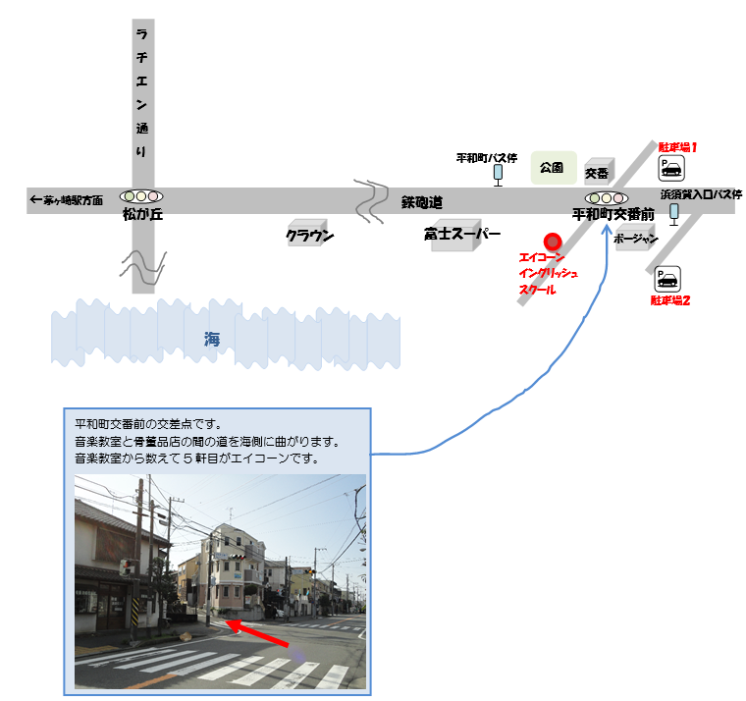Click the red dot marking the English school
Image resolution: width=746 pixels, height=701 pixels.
pos(553,242)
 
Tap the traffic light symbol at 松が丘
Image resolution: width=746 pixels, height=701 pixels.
pos(141,196)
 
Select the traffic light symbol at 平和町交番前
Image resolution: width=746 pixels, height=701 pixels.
pos(607,198)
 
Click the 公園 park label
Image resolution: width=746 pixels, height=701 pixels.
pos(554,168)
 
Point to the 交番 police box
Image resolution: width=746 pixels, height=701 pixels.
pos(599,172)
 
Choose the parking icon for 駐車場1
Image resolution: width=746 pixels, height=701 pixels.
pos(671,168)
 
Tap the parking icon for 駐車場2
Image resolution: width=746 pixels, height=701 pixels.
pos(667,279)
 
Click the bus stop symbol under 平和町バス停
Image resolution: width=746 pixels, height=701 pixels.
pos(498,175)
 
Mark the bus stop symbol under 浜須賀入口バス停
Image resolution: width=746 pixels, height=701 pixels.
pos(673,214)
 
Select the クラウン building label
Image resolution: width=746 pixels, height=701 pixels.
pos(309,234)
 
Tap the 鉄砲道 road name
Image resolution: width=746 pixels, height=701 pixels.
pos(421,202)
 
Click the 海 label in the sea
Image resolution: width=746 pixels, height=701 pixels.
pos(212,340)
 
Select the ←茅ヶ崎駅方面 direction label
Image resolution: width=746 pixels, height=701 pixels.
pos(66,200)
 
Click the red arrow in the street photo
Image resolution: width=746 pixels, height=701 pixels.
pos(256,633)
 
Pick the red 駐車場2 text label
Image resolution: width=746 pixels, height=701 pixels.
pos(669,300)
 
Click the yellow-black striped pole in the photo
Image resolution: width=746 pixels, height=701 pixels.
pos(135,611)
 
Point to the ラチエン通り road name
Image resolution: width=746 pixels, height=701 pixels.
pos(141,93)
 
